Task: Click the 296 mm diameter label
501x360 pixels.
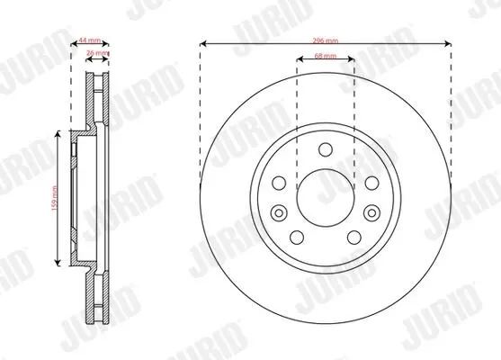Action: [326, 40]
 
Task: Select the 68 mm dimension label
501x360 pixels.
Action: [326, 56]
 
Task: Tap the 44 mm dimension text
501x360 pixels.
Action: [90, 40]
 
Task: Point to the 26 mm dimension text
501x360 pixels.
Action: [97, 52]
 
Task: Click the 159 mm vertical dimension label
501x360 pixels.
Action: [54, 198]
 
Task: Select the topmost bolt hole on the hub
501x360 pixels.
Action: [326, 150]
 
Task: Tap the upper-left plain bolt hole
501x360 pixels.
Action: [279, 184]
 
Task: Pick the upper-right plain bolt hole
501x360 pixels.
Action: [371, 184]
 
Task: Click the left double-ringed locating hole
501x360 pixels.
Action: [279, 212]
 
